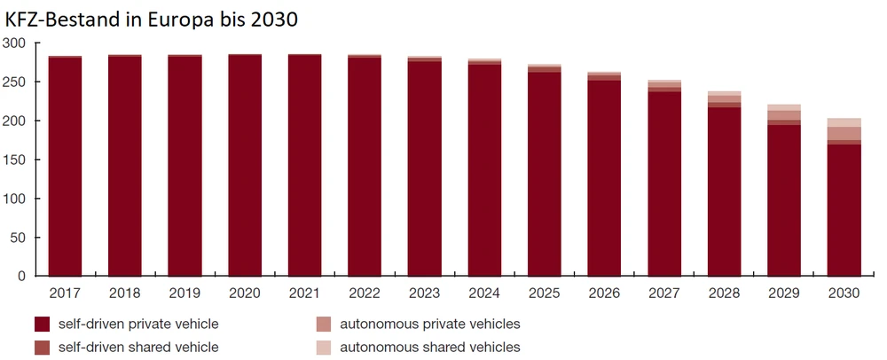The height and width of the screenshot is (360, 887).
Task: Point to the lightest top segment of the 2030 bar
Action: coord(844,122)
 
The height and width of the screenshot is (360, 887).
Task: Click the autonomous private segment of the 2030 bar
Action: coord(844,133)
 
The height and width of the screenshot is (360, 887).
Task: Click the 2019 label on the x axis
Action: coord(184,293)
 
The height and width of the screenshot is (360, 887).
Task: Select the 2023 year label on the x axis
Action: coord(424,293)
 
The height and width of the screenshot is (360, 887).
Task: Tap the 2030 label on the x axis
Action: coord(844,293)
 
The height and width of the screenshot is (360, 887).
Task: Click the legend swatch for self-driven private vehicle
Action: coord(42,324)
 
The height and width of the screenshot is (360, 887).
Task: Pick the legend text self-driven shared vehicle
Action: coord(138,348)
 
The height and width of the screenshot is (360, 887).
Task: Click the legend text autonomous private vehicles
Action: coord(430,324)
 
